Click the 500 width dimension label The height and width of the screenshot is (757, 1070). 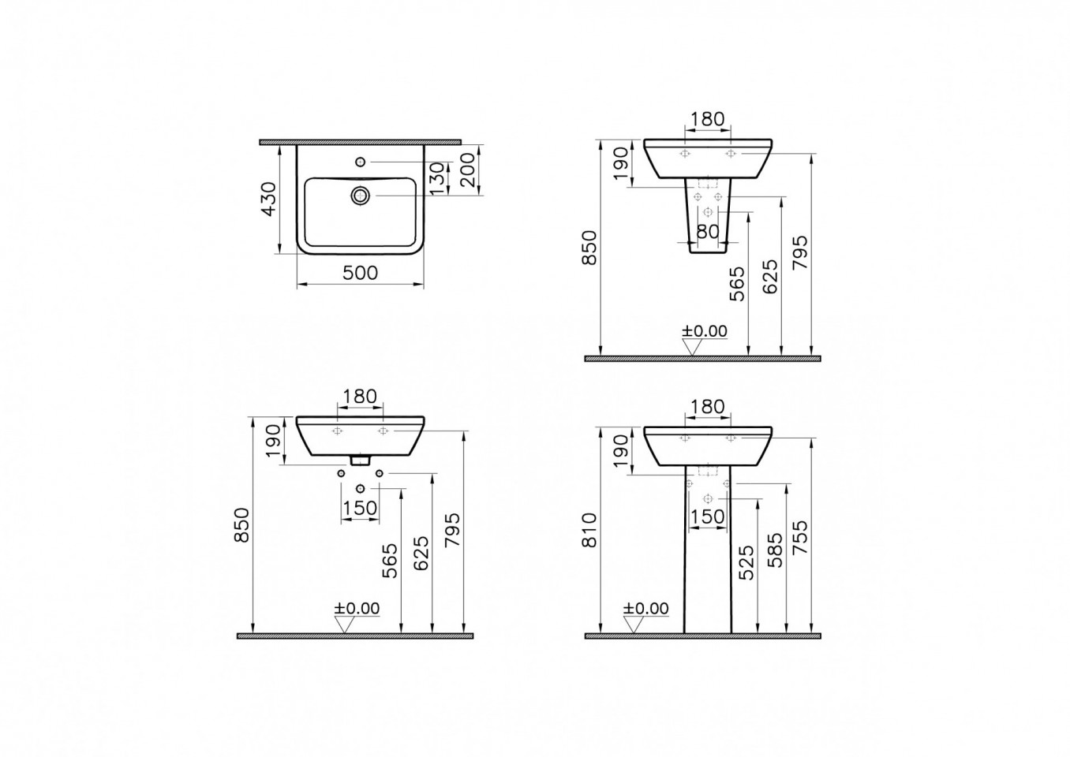click(x=360, y=273)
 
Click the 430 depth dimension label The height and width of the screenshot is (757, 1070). click(x=269, y=199)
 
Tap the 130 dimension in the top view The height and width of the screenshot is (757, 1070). click(x=438, y=178)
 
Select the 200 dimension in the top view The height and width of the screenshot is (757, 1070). click(x=469, y=170)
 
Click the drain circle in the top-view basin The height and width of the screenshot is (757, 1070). click(x=360, y=196)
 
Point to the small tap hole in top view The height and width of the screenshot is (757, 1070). click(x=360, y=162)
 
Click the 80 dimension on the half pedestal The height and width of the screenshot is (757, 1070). click(x=708, y=232)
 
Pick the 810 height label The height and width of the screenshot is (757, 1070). click(x=590, y=530)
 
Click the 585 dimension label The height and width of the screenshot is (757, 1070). click(x=774, y=550)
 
